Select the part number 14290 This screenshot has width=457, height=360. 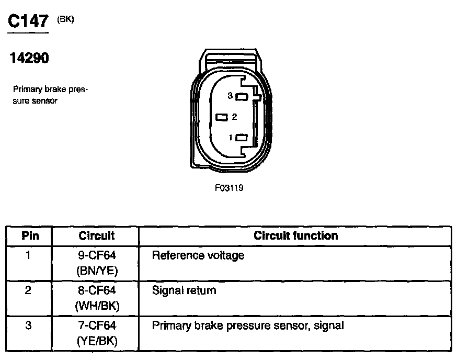point(29,59)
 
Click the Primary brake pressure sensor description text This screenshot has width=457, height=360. point(50,95)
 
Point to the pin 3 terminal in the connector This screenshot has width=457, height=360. point(241,96)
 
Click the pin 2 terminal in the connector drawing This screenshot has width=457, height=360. point(222,117)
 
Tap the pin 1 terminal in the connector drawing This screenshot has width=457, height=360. point(241,138)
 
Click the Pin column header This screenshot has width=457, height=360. point(30,235)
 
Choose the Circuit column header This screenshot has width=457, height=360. point(97,235)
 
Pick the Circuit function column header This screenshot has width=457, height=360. point(295,235)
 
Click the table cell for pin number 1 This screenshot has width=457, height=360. point(29,256)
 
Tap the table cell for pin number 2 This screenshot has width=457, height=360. point(29,290)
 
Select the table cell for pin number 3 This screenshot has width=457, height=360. point(29,325)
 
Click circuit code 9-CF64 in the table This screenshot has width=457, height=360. point(97,256)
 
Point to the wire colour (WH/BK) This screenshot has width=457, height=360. point(97,306)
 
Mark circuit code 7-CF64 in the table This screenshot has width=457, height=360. point(97,325)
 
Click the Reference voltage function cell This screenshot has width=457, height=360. point(198,256)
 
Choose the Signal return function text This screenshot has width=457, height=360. point(184,290)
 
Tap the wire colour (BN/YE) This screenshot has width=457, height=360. point(97,271)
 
